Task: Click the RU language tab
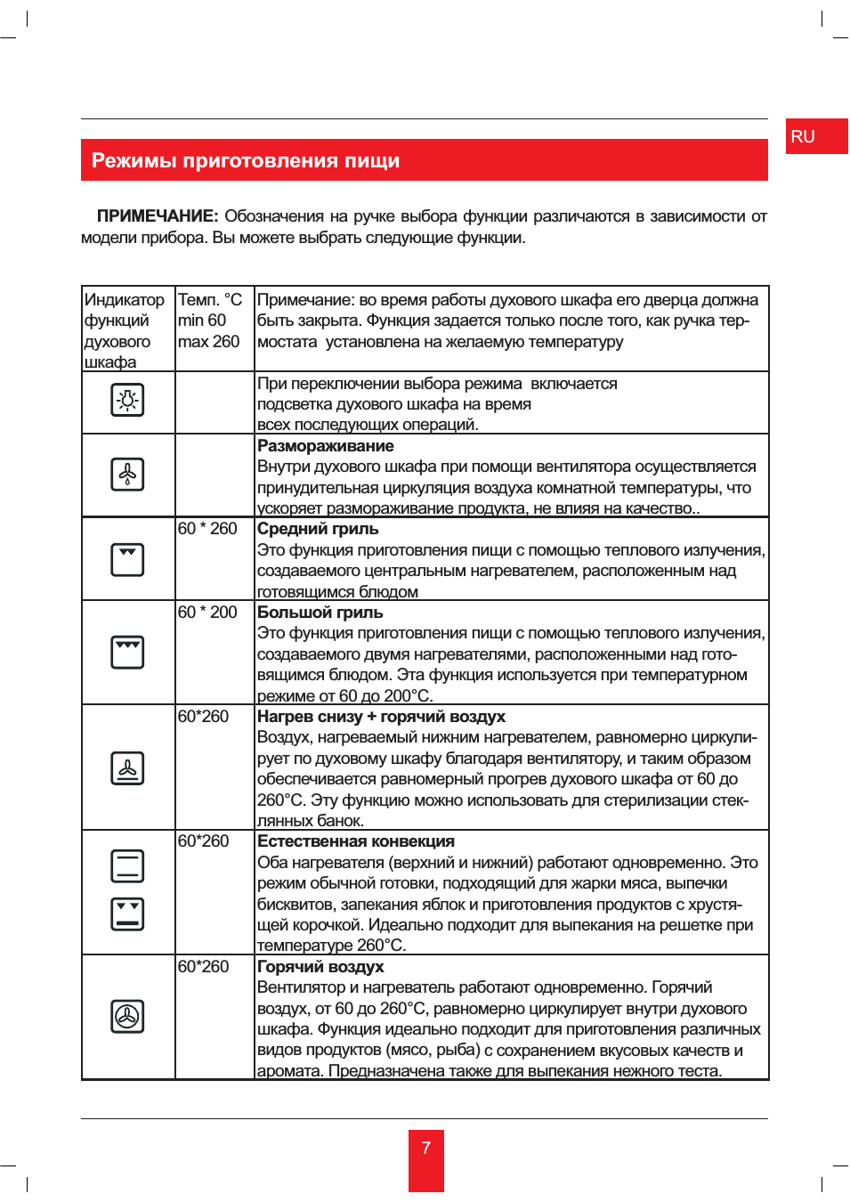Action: click(803, 136)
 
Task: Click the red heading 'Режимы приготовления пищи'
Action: click(246, 161)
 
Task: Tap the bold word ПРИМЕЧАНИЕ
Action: click(157, 216)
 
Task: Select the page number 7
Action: click(426, 1148)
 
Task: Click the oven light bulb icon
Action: click(127, 401)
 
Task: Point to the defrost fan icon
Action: click(127, 475)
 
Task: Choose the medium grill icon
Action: click(127, 559)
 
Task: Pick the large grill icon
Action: click(127, 652)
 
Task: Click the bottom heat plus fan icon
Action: click(127, 767)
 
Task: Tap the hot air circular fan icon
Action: click(127, 1016)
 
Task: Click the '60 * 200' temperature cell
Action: click(207, 613)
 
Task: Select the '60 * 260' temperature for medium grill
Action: click(207, 529)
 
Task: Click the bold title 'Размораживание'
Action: click(325, 446)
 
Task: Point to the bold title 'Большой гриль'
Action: click(320, 613)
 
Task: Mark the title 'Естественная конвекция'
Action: click(355, 841)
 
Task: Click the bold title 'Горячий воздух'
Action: click(320, 967)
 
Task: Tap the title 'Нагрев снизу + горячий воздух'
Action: click(381, 717)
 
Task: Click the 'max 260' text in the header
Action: click(208, 342)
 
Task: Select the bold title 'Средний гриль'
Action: click(318, 529)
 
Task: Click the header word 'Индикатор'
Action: click(124, 300)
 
